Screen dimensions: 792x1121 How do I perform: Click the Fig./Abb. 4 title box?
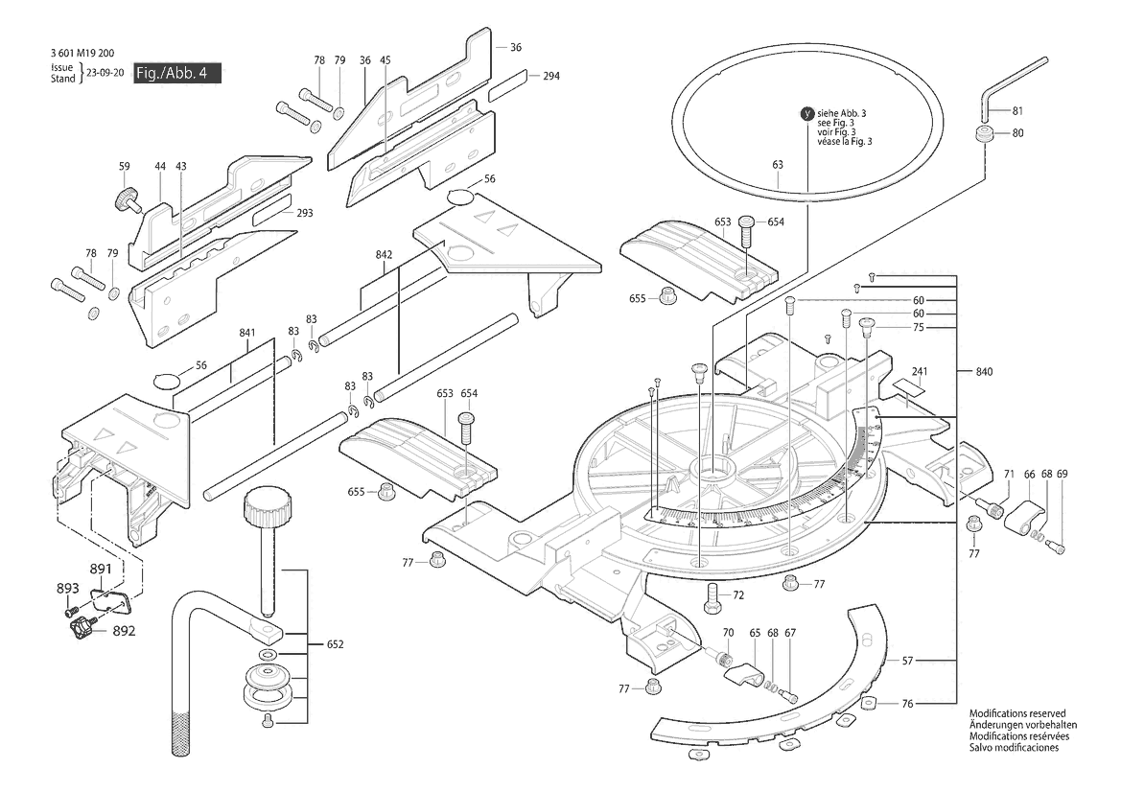pos(177,75)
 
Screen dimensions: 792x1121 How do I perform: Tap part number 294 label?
pos(550,76)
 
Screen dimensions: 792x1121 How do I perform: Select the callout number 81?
pos(1017,110)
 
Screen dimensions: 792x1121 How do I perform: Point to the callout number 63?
pos(778,165)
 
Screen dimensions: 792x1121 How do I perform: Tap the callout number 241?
pos(920,370)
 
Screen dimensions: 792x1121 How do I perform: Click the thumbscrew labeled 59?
pos(124,199)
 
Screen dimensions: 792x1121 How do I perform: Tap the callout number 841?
pos(246,333)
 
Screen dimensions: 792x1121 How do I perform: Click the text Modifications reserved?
pos(1016,714)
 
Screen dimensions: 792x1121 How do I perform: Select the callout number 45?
pos(385,60)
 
